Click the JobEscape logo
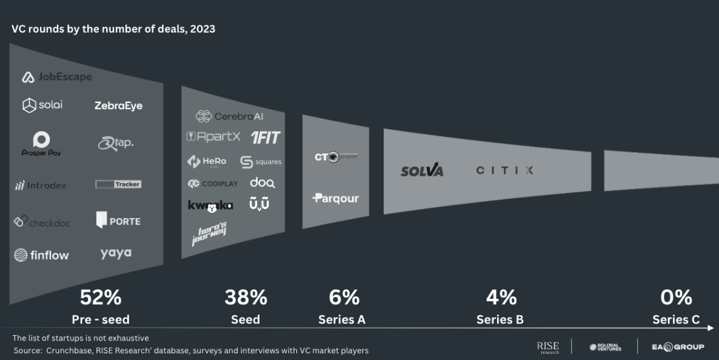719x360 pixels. [x=57, y=77]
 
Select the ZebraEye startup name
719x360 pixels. [x=118, y=105]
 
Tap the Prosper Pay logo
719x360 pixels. [x=41, y=144]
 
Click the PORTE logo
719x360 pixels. [x=118, y=221]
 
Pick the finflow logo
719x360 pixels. [x=42, y=255]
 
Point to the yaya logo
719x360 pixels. [x=116, y=253]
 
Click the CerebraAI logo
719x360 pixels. [x=230, y=116]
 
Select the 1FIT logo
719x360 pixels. [x=266, y=138]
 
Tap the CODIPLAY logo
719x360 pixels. [x=213, y=184]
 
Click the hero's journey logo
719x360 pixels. [x=209, y=234]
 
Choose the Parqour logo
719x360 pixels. [x=336, y=198]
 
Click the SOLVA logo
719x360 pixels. [x=422, y=171]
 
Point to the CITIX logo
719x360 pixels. [x=504, y=170]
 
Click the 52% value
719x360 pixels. [x=101, y=298]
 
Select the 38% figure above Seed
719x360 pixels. [x=246, y=298]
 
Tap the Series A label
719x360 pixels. [x=342, y=319]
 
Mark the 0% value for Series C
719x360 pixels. [x=676, y=298]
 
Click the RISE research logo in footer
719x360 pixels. [x=547, y=347]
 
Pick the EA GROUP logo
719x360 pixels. [x=678, y=347]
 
